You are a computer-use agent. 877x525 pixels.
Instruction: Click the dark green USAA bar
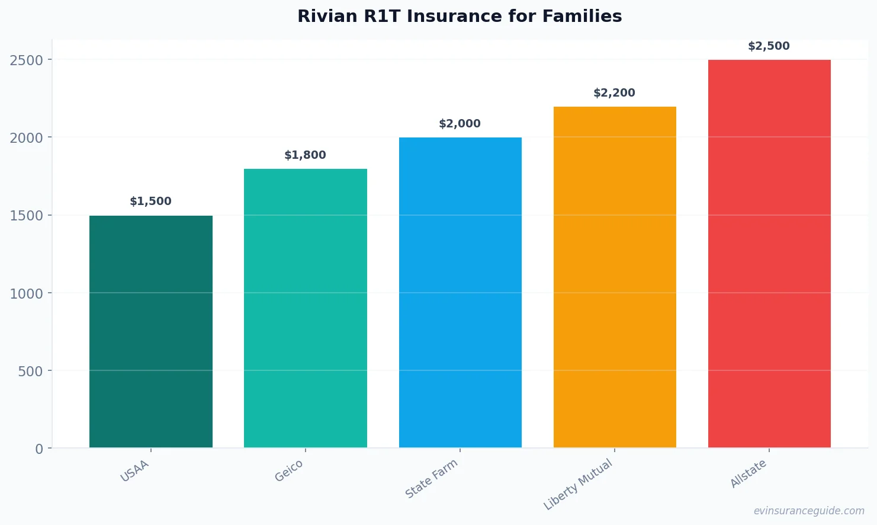pyautogui.click(x=150, y=332)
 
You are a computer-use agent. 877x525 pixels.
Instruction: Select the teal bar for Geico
pyautogui.click(x=305, y=308)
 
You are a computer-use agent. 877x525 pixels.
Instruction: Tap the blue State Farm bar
pyautogui.click(x=460, y=293)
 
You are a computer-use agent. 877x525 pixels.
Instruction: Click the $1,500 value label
pyautogui.click(x=150, y=201)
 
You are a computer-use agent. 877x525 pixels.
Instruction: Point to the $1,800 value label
pyautogui.click(x=305, y=155)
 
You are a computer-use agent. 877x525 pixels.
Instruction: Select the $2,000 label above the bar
pyautogui.click(x=460, y=124)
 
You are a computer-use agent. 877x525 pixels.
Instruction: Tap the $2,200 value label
pyautogui.click(x=614, y=93)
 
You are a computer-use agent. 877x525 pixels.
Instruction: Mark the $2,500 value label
pyautogui.click(x=769, y=46)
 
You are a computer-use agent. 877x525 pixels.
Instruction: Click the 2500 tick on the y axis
pyautogui.click(x=27, y=60)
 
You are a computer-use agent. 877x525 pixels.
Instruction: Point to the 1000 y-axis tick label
pyautogui.click(x=27, y=294)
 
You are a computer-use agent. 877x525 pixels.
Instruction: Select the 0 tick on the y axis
pyautogui.click(x=39, y=449)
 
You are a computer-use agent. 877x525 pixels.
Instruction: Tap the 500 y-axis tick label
pyautogui.click(x=31, y=372)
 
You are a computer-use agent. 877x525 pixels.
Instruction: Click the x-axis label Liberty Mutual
pyautogui.click(x=578, y=484)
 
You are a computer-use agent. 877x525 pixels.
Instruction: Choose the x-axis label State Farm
pyautogui.click(x=432, y=478)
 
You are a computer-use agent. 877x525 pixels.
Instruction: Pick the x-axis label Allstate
pyautogui.click(x=748, y=473)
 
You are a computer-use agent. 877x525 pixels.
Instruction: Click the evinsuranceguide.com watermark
pyautogui.click(x=809, y=511)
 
